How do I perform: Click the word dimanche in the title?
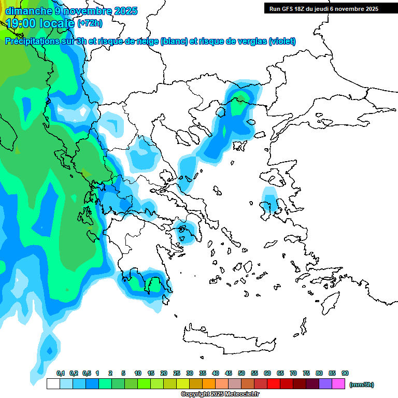(x=26, y=11)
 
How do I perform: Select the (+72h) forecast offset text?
(x=90, y=23)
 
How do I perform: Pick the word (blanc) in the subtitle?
(x=174, y=41)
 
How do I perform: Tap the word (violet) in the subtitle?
(x=282, y=41)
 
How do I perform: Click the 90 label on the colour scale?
(x=345, y=373)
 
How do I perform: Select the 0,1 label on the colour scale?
(x=61, y=373)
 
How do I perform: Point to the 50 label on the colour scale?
(x=241, y=373)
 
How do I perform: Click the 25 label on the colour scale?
(x=177, y=373)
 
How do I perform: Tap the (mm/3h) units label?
(x=362, y=385)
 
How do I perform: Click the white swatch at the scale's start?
(x=53, y=384)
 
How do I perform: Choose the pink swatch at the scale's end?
(x=338, y=384)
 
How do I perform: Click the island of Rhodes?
(x=332, y=301)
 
